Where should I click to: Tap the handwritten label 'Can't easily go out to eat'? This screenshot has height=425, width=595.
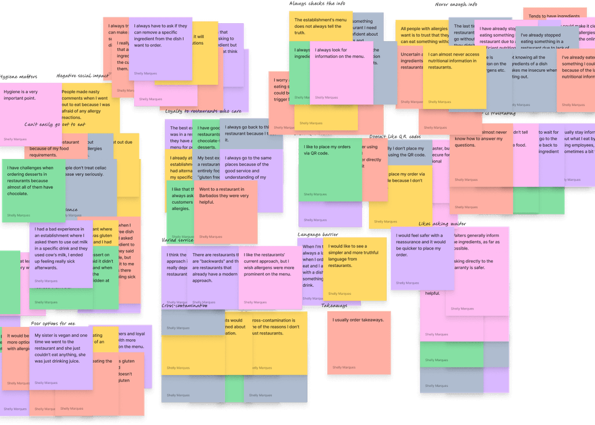(55, 124)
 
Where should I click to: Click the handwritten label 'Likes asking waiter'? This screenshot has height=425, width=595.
(441, 224)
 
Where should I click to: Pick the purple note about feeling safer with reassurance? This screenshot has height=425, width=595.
(421, 258)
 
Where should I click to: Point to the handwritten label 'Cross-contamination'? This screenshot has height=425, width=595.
(184, 306)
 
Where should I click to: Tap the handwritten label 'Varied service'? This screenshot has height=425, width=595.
(177, 240)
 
